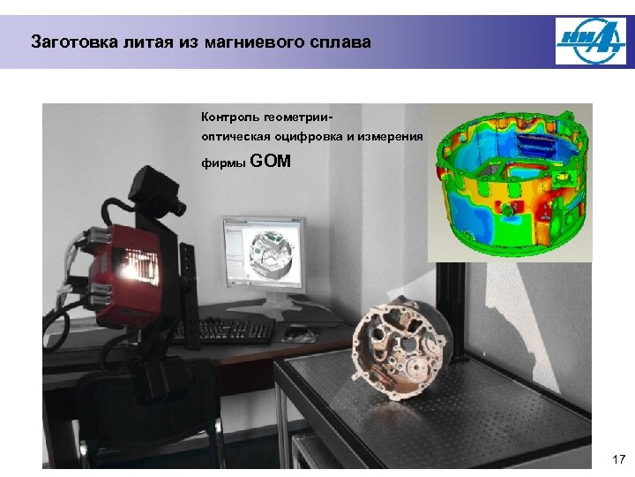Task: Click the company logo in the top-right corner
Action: [x=590, y=42]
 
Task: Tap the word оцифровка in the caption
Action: [x=321, y=138]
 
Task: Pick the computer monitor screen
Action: [x=262, y=255]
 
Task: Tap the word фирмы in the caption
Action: [x=223, y=163]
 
